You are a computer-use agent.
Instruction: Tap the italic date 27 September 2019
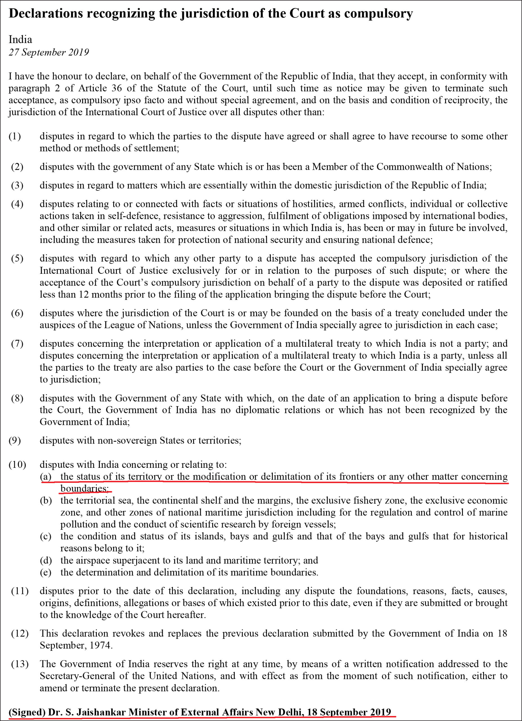coord(49,52)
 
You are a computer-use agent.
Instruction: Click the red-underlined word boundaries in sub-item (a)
coord(84,488)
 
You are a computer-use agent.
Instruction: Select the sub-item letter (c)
coord(45,536)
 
